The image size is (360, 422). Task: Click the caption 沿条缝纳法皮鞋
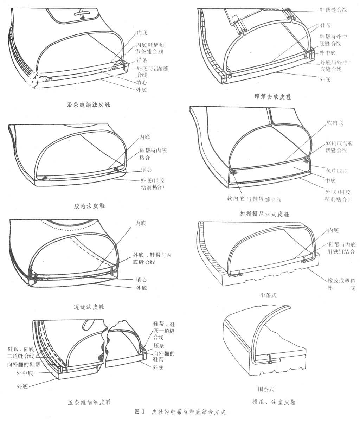point(89,104)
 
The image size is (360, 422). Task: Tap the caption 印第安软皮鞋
point(273,97)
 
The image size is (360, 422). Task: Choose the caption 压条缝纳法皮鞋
point(91,402)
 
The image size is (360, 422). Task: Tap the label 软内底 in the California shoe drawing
point(335,123)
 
